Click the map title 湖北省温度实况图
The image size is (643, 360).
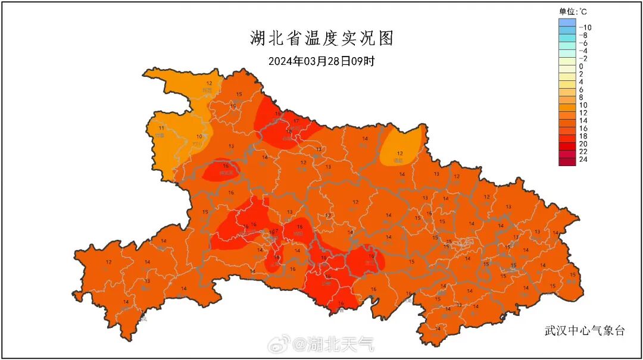point(321,39)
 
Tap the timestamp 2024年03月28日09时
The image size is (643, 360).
point(321,61)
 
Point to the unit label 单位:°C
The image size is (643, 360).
point(571,11)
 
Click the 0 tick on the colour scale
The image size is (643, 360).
point(581,66)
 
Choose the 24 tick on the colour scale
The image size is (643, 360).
point(583,159)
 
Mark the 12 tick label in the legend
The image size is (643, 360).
point(583,113)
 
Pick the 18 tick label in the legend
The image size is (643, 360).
point(583,136)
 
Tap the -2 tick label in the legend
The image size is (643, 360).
point(583,58)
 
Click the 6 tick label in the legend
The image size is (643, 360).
point(581,89)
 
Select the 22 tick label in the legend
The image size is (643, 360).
point(583,152)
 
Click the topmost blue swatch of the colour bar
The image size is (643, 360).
point(567,23)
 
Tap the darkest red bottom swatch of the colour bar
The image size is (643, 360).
point(567,161)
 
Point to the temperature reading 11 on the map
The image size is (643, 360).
point(161,127)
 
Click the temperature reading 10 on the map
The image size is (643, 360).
point(199,137)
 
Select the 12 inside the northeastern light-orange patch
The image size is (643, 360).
point(399,154)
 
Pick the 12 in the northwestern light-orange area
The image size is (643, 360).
point(209,83)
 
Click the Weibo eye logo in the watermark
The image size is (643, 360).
point(278,343)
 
